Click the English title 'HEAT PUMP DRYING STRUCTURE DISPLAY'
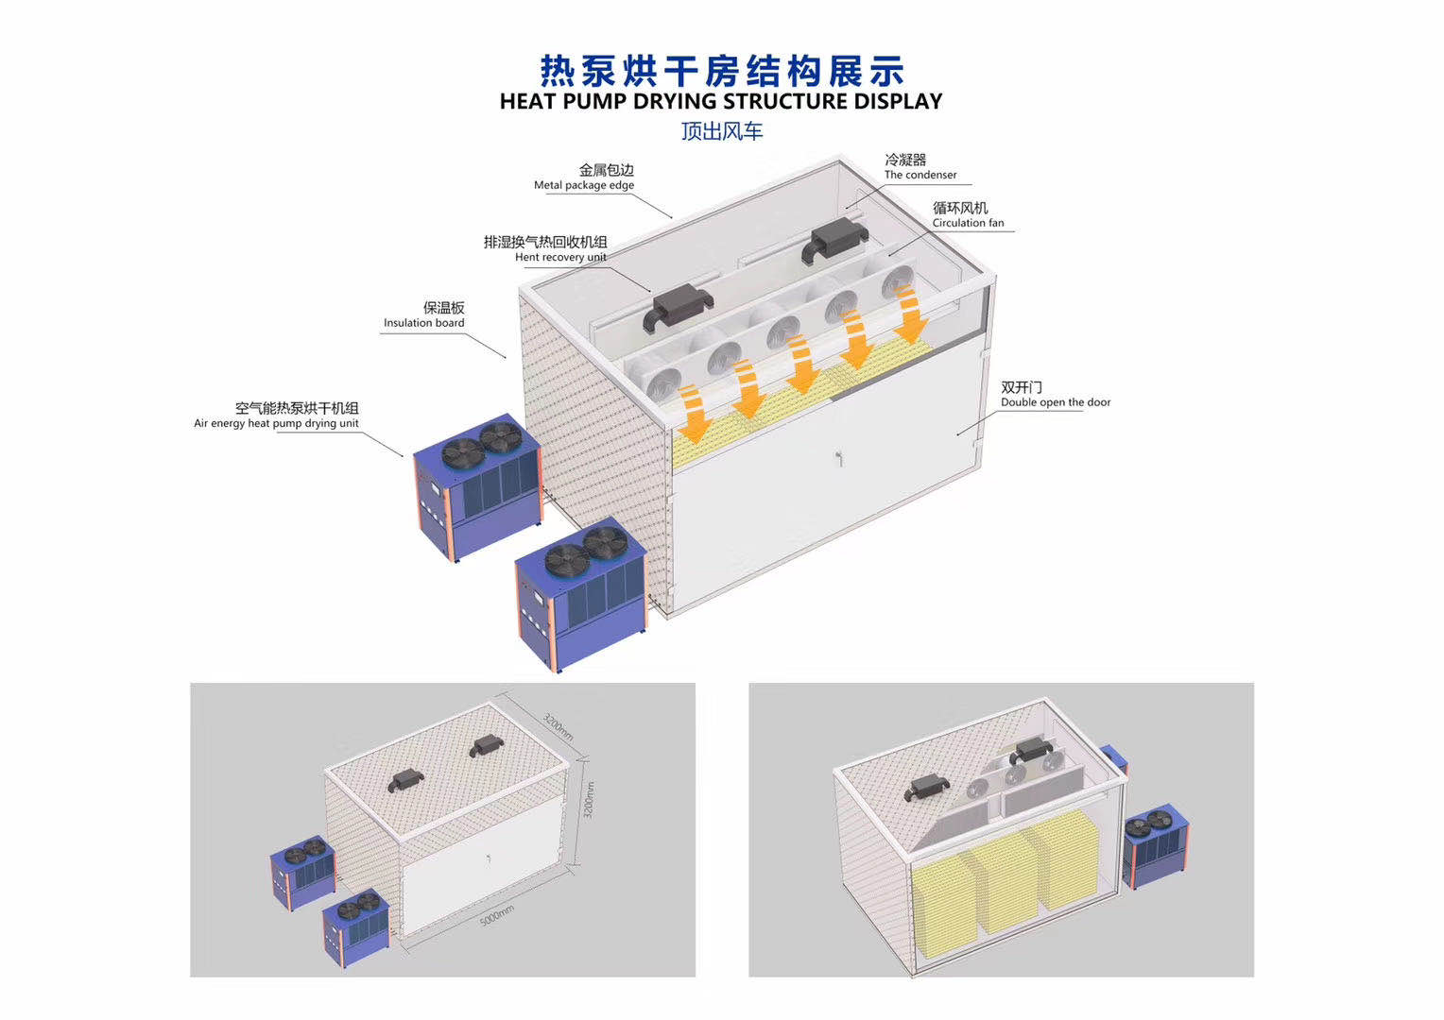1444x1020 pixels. coord(721,101)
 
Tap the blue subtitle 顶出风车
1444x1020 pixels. coord(722,131)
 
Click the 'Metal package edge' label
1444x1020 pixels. coord(584,185)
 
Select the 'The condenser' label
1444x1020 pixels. coord(920,175)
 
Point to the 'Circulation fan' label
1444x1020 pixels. coord(969,223)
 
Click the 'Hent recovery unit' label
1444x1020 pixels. coord(560,257)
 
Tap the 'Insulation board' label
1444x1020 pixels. coord(424,323)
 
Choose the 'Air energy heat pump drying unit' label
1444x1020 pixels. coord(276,423)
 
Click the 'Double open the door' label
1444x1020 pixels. coord(1056,402)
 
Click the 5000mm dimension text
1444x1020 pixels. coord(497,915)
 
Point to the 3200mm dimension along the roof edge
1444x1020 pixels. coord(558,727)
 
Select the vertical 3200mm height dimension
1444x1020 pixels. coord(588,800)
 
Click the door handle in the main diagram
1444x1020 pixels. coord(838,458)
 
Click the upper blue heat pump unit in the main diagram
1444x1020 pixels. coord(477,487)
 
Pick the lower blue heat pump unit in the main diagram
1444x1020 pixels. coord(581,594)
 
